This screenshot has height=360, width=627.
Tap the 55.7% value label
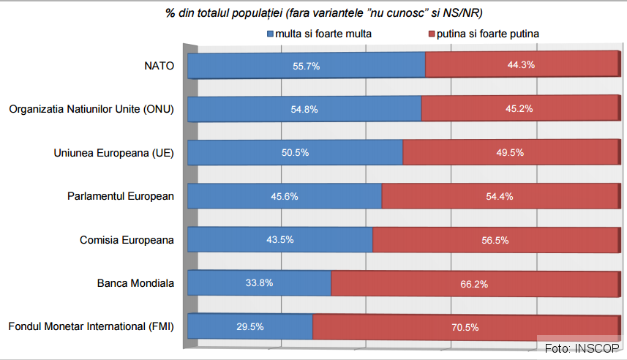click(x=307, y=66)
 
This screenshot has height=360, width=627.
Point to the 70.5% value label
click(x=466, y=327)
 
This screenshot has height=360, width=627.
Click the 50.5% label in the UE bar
click(x=296, y=153)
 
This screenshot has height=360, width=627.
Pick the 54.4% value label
click(x=500, y=196)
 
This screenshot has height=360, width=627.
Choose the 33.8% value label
click(x=259, y=283)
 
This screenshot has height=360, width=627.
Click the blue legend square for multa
click(x=270, y=34)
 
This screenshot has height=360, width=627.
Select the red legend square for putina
click(x=432, y=34)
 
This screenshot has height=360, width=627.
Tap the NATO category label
click(x=159, y=66)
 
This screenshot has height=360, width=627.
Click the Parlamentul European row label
click(x=121, y=196)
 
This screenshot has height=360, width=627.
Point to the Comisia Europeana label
click(x=127, y=240)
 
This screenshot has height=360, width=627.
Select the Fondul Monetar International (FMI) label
click(x=91, y=327)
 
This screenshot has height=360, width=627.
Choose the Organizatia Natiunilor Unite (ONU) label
click(x=91, y=109)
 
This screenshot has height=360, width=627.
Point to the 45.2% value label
click(x=519, y=109)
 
